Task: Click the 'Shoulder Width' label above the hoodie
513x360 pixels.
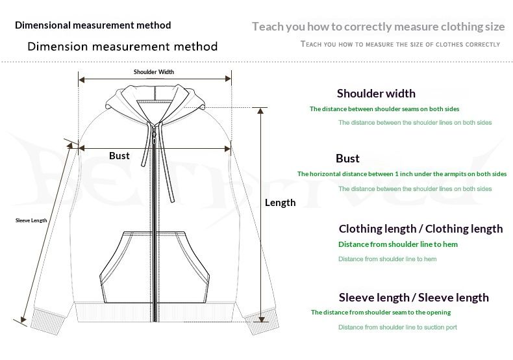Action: point(154,71)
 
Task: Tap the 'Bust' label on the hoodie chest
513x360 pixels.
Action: point(119,156)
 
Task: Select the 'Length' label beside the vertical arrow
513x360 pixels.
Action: point(280,203)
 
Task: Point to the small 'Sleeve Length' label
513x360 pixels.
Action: point(31,220)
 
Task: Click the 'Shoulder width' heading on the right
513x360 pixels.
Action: point(376,94)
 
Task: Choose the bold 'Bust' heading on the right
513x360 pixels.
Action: point(347,159)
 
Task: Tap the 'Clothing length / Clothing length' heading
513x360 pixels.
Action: point(421,229)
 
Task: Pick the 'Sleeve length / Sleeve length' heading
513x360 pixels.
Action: point(414,298)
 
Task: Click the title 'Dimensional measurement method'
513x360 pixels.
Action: point(93,25)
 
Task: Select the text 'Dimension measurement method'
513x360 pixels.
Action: point(123,47)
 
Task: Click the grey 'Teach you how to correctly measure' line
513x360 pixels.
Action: point(378,27)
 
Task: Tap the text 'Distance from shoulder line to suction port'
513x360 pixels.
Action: point(397,327)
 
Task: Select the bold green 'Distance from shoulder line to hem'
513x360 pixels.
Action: point(398,244)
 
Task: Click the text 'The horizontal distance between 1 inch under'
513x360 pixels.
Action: point(401,174)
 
